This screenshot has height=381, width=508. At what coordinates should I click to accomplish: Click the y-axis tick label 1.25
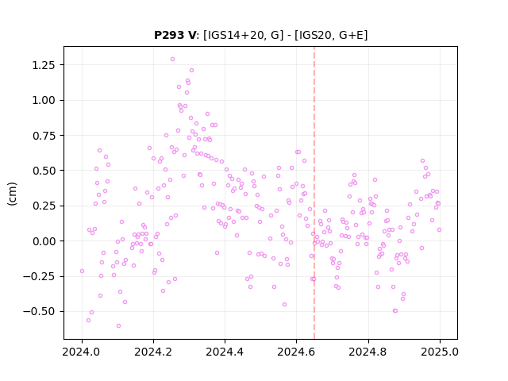44,65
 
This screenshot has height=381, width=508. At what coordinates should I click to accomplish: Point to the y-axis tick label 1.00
44,101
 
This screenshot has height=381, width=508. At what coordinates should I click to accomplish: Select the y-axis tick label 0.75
44,136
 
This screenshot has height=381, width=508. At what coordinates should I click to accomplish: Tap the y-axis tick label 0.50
44,171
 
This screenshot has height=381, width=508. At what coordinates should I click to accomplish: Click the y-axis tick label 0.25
44,206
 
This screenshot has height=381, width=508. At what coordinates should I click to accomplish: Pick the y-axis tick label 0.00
44,241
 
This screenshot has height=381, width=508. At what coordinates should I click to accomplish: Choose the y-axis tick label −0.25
39,277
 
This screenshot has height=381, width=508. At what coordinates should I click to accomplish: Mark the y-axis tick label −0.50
39,312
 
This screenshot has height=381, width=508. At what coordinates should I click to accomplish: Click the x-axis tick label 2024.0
82,352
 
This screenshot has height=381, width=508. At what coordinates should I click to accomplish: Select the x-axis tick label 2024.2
153,352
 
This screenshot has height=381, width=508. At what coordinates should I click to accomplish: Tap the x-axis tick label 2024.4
225,352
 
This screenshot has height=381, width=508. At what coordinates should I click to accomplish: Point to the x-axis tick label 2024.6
296,352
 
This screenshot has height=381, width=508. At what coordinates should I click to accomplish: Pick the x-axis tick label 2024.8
368,352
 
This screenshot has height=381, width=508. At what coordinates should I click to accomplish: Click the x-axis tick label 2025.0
440,352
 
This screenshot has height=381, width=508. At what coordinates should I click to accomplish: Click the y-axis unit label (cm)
12,194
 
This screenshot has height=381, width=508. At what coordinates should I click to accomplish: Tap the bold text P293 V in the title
175,35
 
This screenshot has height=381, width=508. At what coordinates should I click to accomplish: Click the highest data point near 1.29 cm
172,60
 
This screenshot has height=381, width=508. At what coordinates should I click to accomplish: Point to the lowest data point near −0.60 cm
118,326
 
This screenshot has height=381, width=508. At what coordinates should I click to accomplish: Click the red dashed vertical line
314,193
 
